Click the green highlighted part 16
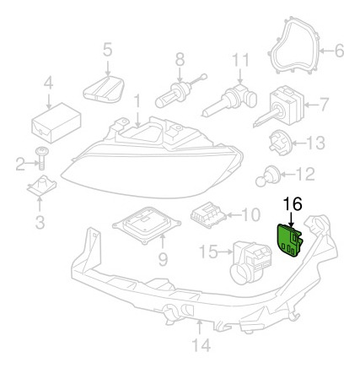290,241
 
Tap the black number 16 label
293,203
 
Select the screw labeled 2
42,158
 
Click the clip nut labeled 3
42,187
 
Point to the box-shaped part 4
56,122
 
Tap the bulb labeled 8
180,92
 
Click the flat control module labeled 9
146,225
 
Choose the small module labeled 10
209,216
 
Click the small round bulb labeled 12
268,176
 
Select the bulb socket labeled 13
281,143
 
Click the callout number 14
201,344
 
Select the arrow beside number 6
326,51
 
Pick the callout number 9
163,259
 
